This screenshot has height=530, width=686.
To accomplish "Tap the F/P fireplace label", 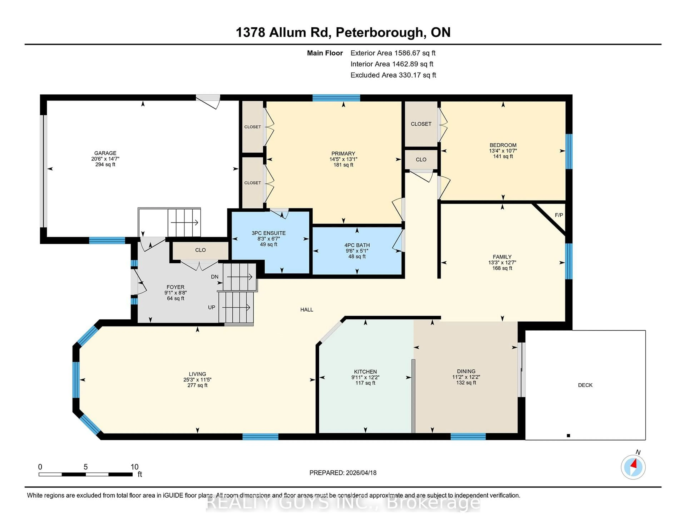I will [x=559, y=215].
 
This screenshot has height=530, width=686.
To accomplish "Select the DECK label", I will [x=585, y=385].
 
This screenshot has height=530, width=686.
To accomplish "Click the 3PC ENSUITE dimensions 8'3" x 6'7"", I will [x=268, y=239].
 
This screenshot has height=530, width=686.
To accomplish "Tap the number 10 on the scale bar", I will [x=135, y=467].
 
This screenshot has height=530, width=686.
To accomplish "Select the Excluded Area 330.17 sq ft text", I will [x=393, y=75].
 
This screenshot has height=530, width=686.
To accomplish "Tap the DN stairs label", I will [x=215, y=277].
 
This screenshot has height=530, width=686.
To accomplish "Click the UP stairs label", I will [x=211, y=307].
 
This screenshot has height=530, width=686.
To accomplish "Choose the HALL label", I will [x=307, y=310].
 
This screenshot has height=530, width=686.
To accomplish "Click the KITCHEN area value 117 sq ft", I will [x=365, y=383].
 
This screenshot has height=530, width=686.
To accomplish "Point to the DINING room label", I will [x=466, y=371].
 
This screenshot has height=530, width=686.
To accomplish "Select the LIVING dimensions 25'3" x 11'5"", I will [x=197, y=380].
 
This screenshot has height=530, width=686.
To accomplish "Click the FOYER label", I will [x=175, y=287].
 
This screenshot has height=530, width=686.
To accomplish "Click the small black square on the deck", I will [x=568, y=436].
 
